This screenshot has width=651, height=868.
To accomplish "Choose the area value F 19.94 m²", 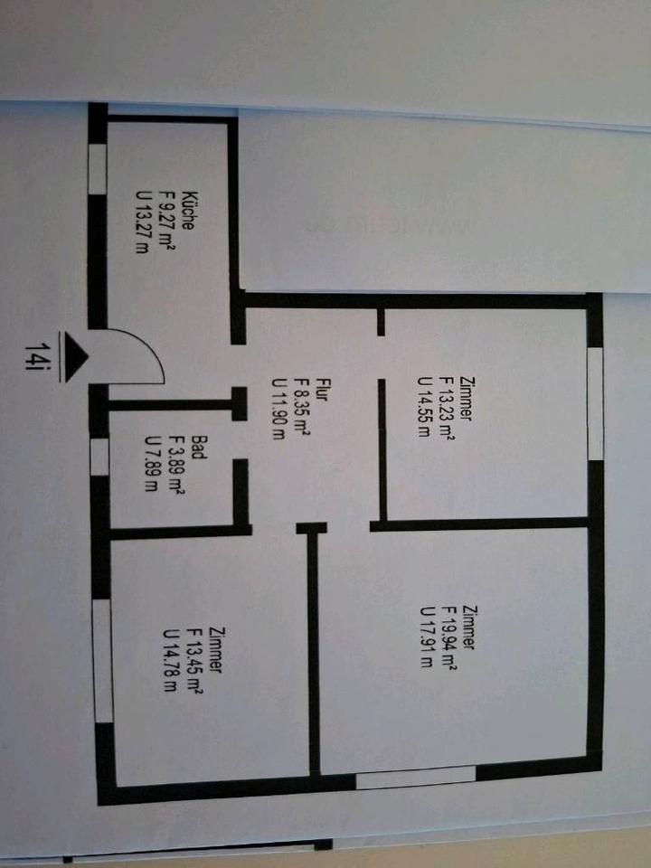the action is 448,637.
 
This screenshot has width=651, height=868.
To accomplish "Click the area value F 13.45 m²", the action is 194,659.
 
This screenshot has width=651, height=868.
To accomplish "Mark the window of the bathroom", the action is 99,456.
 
